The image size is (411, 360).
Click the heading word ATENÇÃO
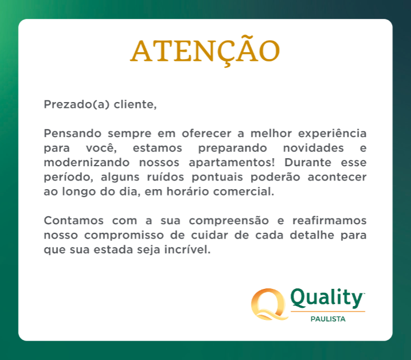(205, 51)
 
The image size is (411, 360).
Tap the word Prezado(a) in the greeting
(77, 104)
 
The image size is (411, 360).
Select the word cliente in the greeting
(135, 104)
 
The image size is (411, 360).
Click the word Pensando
(73, 133)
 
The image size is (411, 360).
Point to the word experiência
(332, 134)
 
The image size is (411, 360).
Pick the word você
(101, 148)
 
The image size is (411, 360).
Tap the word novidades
(313, 148)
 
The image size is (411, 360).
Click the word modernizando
(87, 162)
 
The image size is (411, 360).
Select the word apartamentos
(232, 163)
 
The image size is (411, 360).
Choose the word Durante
(308, 162)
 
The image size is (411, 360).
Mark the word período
(68, 177)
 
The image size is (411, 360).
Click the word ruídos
(166, 177)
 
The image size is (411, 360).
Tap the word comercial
(244, 191)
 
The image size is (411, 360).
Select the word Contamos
(73, 220)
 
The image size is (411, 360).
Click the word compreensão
(229, 221)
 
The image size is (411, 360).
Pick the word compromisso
(124, 235)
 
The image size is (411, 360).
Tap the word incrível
(187, 249)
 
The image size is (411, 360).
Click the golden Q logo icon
(269, 304)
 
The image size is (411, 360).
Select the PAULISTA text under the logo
(328, 319)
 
